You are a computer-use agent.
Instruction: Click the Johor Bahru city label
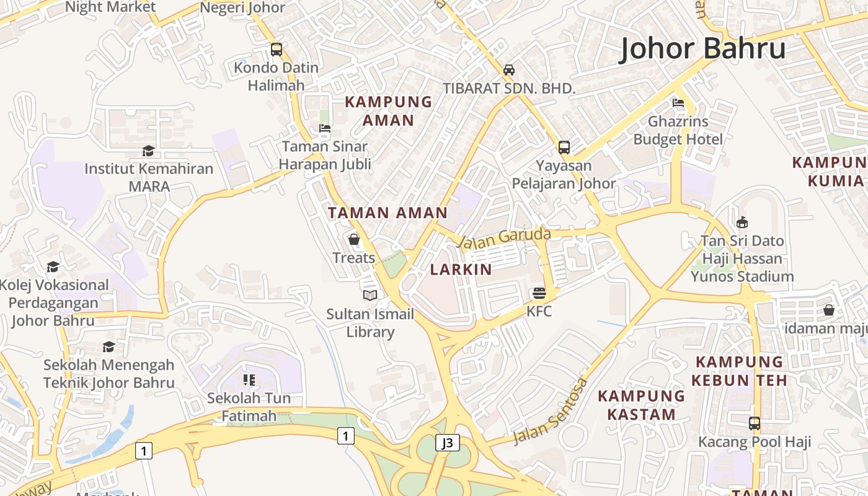click(x=702, y=48)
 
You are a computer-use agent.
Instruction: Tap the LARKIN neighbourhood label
click(x=461, y=270)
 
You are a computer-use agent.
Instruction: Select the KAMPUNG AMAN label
click(x=388, y=111)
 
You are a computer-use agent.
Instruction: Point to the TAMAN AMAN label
click(x=387, y=213)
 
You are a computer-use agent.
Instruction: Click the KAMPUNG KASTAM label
click(x=641, y=405)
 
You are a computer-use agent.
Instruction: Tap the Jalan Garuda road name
click(x=505, y=237)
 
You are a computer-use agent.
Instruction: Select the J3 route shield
click(x=447, y=443)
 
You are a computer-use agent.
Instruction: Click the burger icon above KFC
click(x=539, y=293)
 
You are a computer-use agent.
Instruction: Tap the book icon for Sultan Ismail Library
click(x=370, y=296)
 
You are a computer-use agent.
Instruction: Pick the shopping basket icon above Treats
click(x=354, y=239)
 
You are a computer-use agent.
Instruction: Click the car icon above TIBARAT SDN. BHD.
click(x=509, y=70)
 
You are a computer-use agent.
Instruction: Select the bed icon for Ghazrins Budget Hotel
click(x=678, y=103)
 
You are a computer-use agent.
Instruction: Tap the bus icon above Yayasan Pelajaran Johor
click(x=564, y=148)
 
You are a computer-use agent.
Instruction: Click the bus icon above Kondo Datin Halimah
click(x=277, y=49)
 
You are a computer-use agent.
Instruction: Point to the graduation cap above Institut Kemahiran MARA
click(x=148, y=151)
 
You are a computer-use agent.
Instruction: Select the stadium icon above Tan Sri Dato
click(x=742, y=222)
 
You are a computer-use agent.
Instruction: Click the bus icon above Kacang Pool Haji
click(x=754, y=423)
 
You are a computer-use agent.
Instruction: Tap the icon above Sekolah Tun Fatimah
click(x=249, y=379)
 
